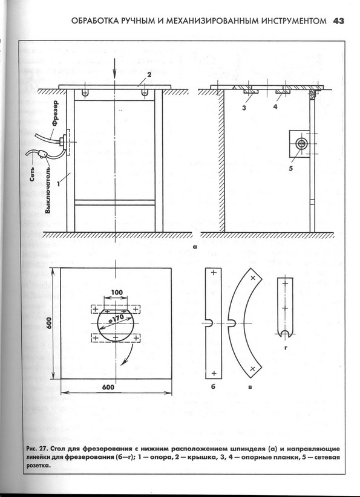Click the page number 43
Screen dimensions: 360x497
pyautogui.click(x=338, y=21)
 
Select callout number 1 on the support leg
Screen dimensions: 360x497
pyautogui.click(x=58, y=184)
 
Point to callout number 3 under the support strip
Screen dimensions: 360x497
pyautogui.click(x=244, y=108)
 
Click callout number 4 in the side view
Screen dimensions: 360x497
pyautogui.click(x=275, y=107)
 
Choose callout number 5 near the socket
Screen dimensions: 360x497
pyautogui.click(x=290, y=169)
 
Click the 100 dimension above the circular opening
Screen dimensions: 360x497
pyautogui.click(x=117, y=292)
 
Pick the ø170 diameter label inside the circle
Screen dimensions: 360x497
pyautogui.click(x=116, y=319)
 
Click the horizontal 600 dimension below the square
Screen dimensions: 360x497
pyautogui.click(x=108, y=387)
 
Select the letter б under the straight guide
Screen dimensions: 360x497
pyautogui.click(x=213, y=386)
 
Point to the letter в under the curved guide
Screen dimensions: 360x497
pyautogui.click(x=250, y=387)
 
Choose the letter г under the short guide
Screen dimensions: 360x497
pyautogui.click(x=286, y=348)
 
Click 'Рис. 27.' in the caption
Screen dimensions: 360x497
pyautogui.click(x=38, y=449)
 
